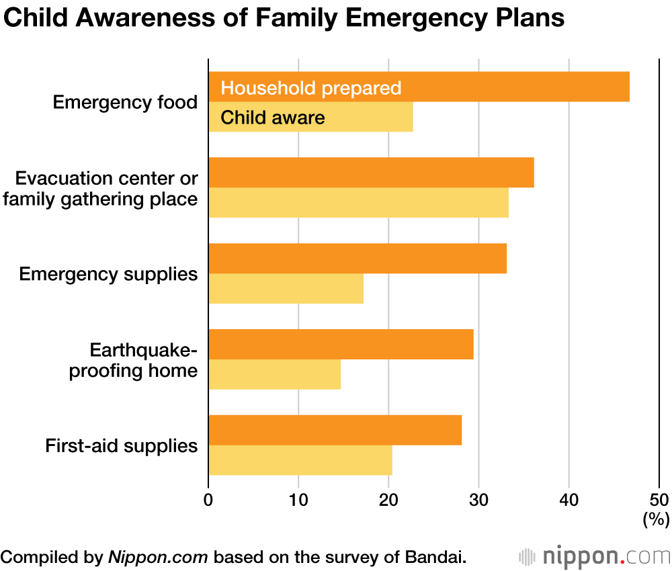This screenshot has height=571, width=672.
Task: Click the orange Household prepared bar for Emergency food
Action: tap(470, 87)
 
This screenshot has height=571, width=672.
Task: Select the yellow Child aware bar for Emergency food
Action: tap(376, 118)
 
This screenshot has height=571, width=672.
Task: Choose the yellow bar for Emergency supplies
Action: tap(286, 289)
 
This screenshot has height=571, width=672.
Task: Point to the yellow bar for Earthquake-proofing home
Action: tap(275, 375)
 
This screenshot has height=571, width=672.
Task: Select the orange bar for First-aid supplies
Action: tap(335, 430)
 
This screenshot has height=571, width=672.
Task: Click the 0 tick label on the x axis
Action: tap(208, 500)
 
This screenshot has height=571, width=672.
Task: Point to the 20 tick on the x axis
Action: tap(388, 500)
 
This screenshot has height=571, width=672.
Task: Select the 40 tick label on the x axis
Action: tap(569, 500)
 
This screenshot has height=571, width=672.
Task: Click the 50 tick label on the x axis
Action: tap(659, 500)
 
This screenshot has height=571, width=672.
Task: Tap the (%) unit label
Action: tap(657, 519)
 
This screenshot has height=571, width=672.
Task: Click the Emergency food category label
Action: tap(125, 103)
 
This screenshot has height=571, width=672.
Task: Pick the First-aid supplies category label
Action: tap(122, 445)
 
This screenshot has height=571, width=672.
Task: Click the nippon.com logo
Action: tap(595, 557)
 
